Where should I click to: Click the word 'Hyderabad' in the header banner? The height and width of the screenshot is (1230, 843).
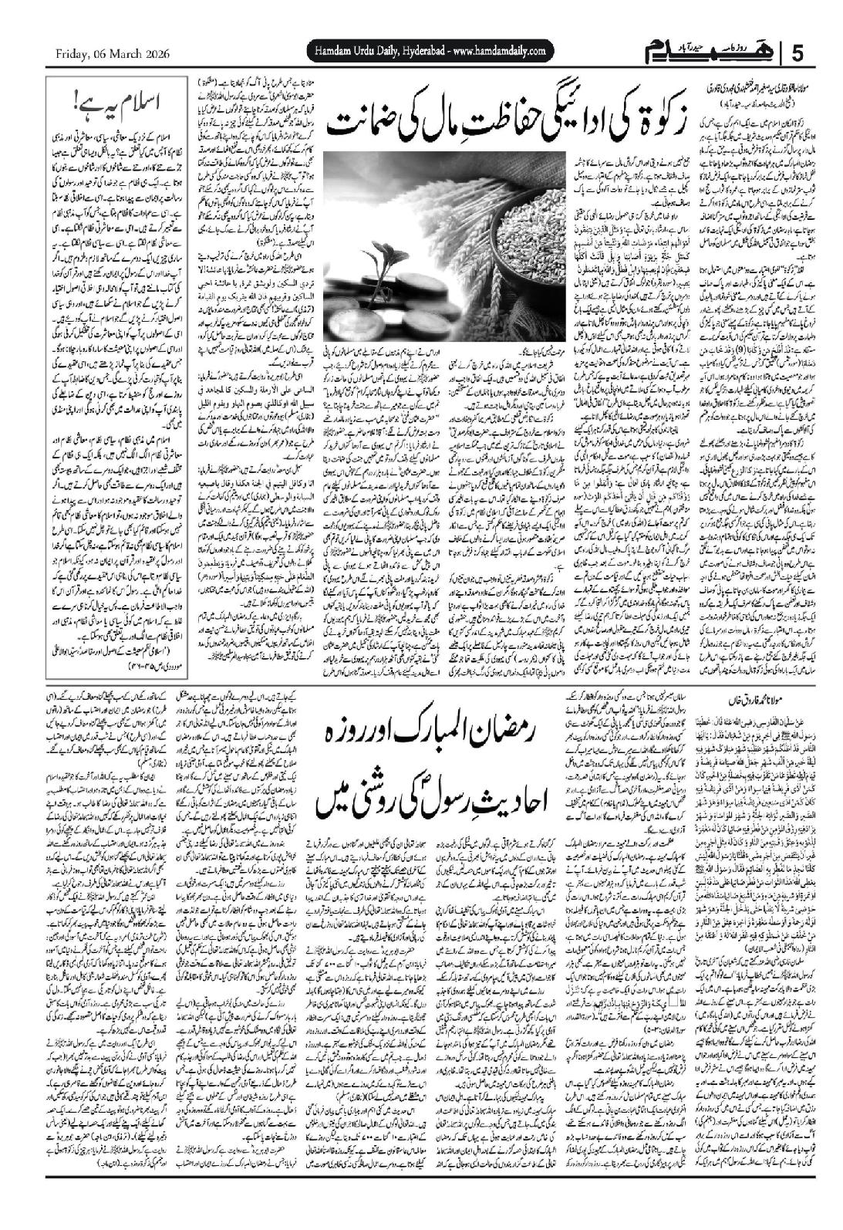(414, 51)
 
